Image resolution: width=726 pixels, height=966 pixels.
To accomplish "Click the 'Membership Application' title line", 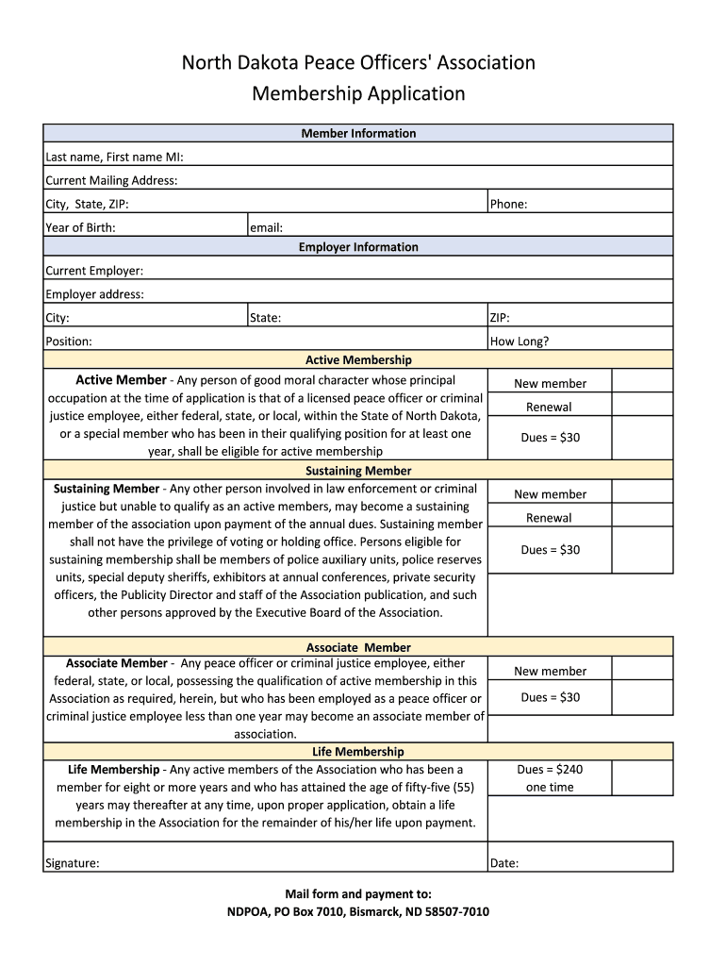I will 358,93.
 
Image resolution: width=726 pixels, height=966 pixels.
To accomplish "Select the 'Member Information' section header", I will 358,133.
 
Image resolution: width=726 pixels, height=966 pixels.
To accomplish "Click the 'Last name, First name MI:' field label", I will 114,157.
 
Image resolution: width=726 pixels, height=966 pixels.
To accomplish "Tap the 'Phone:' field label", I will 508,204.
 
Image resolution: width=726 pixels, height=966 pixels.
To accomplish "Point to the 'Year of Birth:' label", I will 80,227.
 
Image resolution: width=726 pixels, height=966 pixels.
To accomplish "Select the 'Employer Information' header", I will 358,247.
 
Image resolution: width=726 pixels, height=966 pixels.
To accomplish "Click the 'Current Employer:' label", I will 94,271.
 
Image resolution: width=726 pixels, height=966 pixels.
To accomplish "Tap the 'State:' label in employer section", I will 265,318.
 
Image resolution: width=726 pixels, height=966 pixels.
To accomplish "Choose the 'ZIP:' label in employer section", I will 500,318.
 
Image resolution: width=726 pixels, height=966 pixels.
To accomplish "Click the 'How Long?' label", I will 520,341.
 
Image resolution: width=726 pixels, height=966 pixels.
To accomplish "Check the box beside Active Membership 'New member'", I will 642,380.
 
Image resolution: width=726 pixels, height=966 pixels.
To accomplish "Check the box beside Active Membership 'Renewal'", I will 642,405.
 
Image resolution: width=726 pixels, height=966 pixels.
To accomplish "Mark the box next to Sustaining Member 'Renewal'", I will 642,515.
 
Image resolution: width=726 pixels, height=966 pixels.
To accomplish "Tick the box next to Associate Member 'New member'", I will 642,668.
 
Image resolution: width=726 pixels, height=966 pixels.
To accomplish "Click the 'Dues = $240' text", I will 550,770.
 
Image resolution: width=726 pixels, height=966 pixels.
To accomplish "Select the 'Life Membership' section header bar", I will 358,752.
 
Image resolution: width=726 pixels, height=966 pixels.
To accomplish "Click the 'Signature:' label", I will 73,863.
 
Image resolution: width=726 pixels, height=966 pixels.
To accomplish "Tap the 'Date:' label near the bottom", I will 504,863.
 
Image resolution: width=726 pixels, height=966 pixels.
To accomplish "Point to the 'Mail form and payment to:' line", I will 358,893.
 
